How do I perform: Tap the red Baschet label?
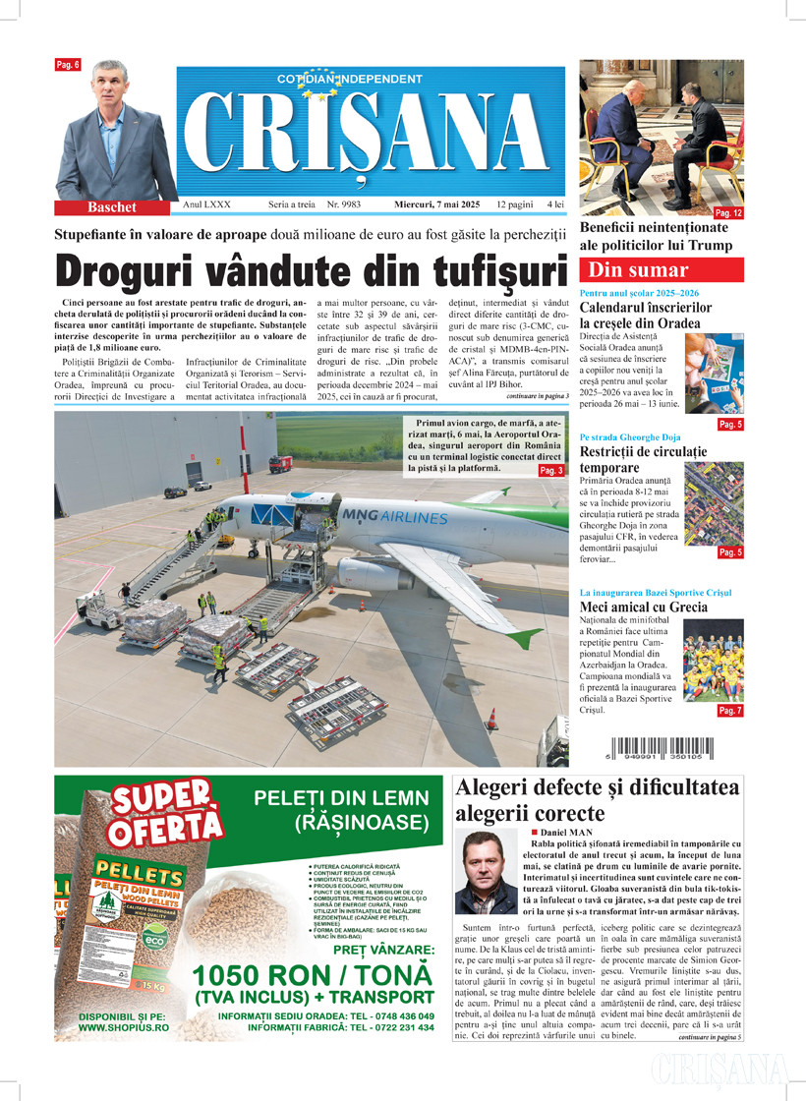(x=111, y=207)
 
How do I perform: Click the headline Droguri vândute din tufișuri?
(x=313, y=270)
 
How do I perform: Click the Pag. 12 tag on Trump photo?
(x=728, y=213)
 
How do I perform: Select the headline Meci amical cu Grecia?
(x=644, y=608)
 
